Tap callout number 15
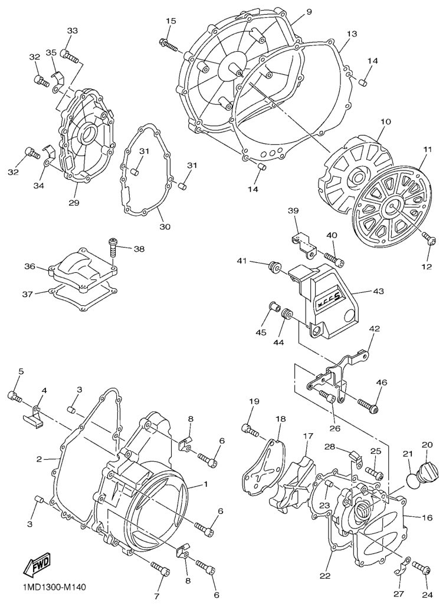pyautogui.click(x=171, y=21)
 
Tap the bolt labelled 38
pyautogui.click(x=112, y=246)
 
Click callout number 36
pyautogui.click(x=31, y=267)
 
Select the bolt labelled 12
pyautogui.click(x=429, y=238)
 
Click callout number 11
pyautogui.click(x=428, y=149)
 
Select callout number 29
pyautogui.click(x=74, y=203)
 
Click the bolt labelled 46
pyautogui.click(x=367, y=405)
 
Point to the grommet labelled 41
pyautogui.click(x=275, y=267)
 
